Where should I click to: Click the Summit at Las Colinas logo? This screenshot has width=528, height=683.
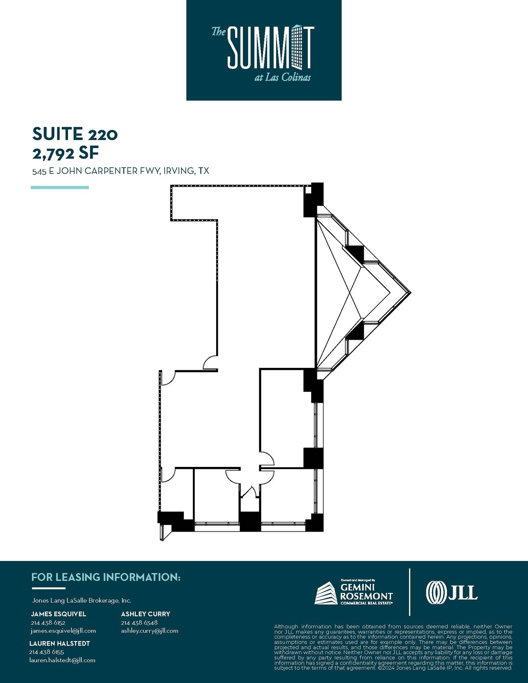(x=263, y=50)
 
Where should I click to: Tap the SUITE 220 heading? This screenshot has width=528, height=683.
(x=75, y=134)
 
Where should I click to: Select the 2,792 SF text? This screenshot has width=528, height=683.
(x=66, y=153)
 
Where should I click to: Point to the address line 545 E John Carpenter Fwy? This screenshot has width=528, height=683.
(x=120, y=171)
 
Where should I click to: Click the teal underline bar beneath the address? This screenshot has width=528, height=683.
(x=60, y=187)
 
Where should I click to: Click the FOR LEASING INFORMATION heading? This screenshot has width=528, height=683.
(x=106, y=577)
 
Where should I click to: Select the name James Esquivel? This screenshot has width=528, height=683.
(x=59, y=614)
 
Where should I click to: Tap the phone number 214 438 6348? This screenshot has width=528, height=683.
(x=139, y=623)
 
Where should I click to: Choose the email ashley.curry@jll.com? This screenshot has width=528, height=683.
(x=149, y=631)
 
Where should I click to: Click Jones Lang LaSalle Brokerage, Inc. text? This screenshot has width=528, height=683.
(x=81, y=601)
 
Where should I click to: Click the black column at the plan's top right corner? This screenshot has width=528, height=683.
(x=314, y=199)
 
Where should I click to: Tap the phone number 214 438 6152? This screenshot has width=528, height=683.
(x=48, y=623)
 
